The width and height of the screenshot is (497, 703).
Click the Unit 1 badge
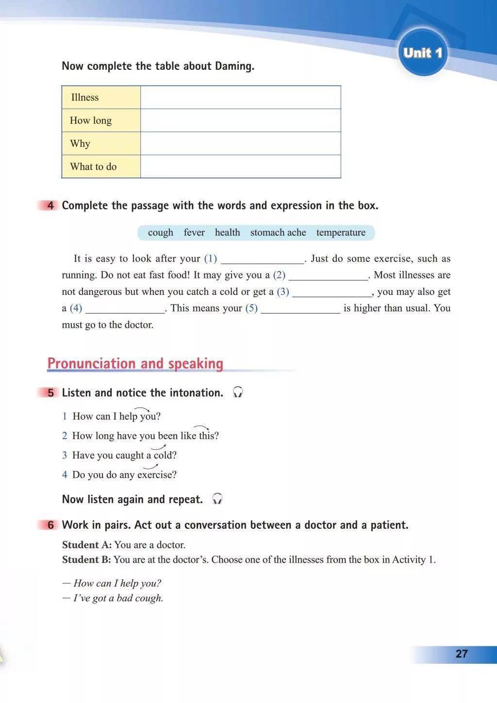422,52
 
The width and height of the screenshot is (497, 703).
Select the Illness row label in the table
85,98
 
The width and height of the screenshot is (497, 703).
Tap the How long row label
91,120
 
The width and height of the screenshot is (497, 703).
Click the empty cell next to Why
240,144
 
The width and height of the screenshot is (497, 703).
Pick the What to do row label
93,166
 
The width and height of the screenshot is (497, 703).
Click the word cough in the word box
160,232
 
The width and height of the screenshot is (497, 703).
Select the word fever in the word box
194,232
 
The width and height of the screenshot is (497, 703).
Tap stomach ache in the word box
278,232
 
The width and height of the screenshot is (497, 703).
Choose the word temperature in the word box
341,232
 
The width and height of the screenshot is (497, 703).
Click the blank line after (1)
263,260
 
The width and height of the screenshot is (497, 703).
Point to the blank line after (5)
300,309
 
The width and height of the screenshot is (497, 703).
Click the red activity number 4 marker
50,206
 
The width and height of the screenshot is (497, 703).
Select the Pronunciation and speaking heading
135,363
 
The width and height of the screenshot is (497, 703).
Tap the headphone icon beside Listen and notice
237,392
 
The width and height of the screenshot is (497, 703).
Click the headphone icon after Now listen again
217,499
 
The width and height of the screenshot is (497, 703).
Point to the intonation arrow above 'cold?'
158,448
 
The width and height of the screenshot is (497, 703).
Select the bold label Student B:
86,559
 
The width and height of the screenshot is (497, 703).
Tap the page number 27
462,654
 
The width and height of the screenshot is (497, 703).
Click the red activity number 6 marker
50,525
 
